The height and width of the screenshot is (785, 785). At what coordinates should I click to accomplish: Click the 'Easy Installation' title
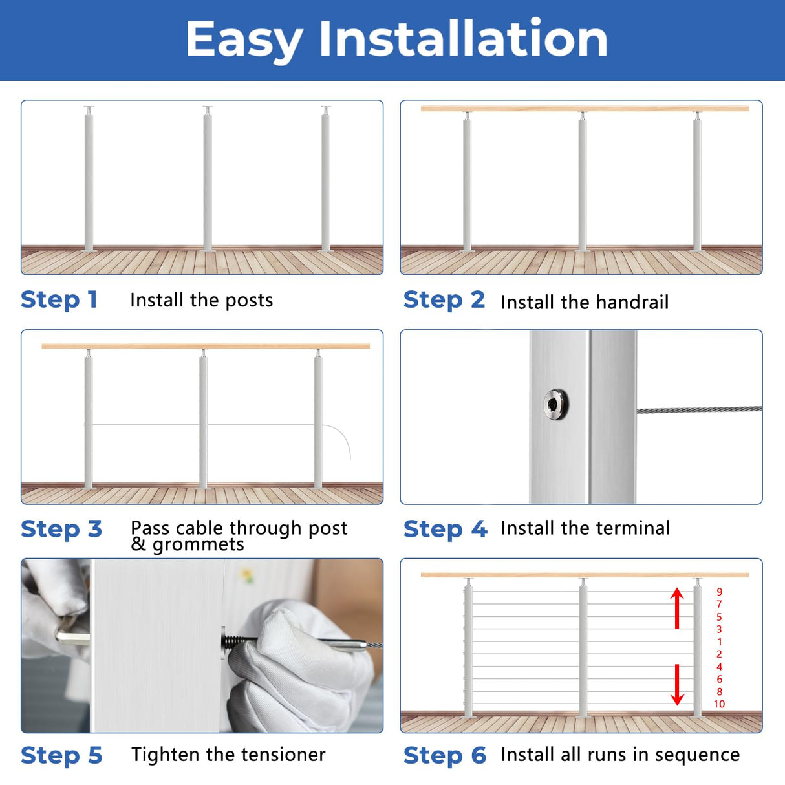(x=396, y=39)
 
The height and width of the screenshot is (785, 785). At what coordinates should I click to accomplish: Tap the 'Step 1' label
(x=59, y=299)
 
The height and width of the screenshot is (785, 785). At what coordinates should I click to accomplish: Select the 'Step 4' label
(x=445, y=529)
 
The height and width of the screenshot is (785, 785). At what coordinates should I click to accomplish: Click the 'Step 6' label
(x=444, y=755)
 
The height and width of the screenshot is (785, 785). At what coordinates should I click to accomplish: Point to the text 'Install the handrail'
(x=585, y=302)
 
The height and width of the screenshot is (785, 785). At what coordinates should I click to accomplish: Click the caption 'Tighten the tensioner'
(x=228, y=755)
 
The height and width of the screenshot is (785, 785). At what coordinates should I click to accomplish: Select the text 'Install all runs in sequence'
(x=620, y=755)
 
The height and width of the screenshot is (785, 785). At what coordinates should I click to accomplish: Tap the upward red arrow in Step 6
(x=677, y=608)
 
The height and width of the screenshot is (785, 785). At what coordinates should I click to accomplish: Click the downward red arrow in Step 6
(x=677, y=685)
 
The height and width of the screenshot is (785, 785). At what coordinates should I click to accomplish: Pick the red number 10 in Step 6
(x=719, y=704)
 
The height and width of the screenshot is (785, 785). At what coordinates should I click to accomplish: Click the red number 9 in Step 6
(x=719, y=592)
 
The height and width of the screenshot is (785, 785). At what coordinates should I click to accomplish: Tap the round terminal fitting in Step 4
(x=555, y=405)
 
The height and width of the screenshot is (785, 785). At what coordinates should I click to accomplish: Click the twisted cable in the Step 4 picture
(x=698, y=409)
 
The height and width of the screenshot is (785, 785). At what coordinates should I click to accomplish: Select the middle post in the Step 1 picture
(x=207, y=181)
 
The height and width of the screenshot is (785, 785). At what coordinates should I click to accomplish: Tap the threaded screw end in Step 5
(x=235, y=641)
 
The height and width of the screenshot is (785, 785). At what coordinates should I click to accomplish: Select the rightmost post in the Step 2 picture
(x=697, y=184)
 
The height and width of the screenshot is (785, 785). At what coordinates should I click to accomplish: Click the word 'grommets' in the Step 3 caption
(x=198, y=545)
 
